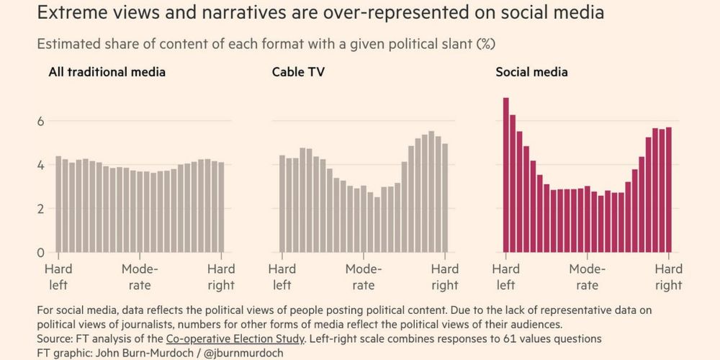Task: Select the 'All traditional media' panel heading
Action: (x=107, y=72)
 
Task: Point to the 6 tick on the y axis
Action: (x=40, y=121)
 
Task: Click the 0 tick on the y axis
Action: (x=40, y=253)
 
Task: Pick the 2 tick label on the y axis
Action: (x=40, y=209)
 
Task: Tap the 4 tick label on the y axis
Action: (x=40, y=165)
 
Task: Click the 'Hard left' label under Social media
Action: (x=506, y=277)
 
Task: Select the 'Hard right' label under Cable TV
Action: (x=445, y=277)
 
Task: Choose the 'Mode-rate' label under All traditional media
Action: (x=140, y=277)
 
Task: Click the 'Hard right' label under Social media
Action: (x=669, y=277)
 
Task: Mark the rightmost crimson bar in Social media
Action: (x=669, y=190)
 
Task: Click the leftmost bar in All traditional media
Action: (x=58, y=204)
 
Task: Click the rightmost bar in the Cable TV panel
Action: (x=445, y=199)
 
